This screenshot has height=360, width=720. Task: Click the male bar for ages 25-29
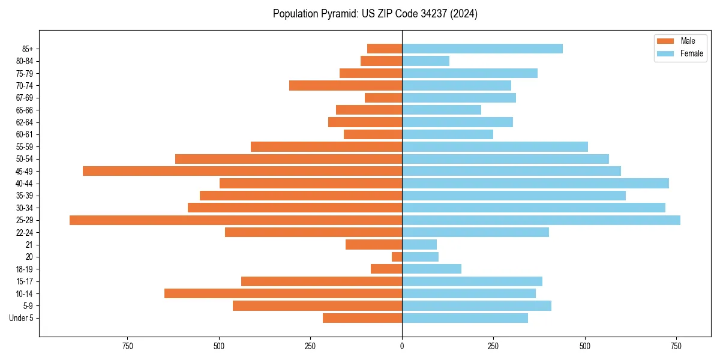[x=236, y=220]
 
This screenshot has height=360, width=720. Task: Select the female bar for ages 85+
[x=482, y=49]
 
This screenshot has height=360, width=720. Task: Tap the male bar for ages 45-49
[x=242, y=171]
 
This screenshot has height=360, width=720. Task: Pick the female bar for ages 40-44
[x=535, y=184]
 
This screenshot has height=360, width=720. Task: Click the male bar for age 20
[x=397, y=257]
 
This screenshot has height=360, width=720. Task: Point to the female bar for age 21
[x=419, y=245]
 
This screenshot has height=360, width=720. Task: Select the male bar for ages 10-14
[x=283, y=293]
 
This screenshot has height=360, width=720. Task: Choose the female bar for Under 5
[x=465, y=318]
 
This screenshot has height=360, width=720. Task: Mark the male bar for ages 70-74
[x=346, y=86]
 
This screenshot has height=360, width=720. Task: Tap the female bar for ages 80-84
[x=425, y=61]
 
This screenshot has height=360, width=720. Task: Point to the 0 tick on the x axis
[x=402, y=346]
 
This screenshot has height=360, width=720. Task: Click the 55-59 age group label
[x=24, y=147]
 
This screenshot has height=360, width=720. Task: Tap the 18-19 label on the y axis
[x=24, y=269]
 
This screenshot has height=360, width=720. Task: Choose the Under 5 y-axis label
[x=21, y=318]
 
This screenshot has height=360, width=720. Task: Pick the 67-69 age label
[x=24, y=98]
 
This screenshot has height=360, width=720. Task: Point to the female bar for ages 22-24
[x=475, y=232]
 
